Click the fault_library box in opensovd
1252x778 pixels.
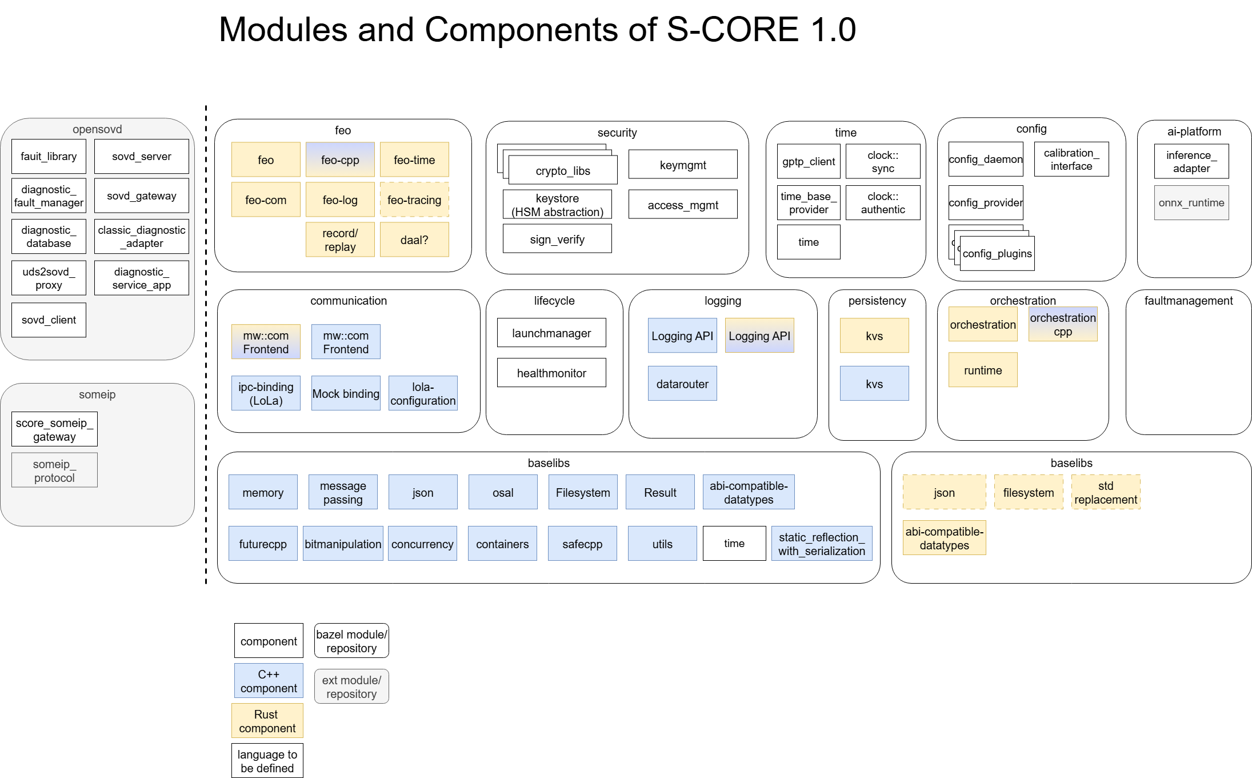click(49, 157)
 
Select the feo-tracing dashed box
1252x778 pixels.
click(414, 200)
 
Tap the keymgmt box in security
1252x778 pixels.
click(683, 165)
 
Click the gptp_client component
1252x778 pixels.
click(809, 161)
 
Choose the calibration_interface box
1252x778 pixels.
click(1071, 159)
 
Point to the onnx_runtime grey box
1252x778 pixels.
click(1191, 203)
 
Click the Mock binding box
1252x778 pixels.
click(346, 393)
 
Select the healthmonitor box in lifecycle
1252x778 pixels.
click(551, 373)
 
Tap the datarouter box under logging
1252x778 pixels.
click(682, 384)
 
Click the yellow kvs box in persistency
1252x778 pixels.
click(874, 336)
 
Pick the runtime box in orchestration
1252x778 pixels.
click(983, 370)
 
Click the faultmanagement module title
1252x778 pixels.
click(1189, 301)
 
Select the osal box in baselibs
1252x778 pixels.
click(503, 492)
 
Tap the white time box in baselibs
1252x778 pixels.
click(734, 543)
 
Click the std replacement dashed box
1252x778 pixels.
click(1106, 492)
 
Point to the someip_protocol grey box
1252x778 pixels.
click(54, 470)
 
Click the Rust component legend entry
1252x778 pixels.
click(267, 721)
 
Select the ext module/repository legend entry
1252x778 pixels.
click(351, 687)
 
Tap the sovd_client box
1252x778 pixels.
click(49, 320)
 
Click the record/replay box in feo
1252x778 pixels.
click(340, 240)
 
